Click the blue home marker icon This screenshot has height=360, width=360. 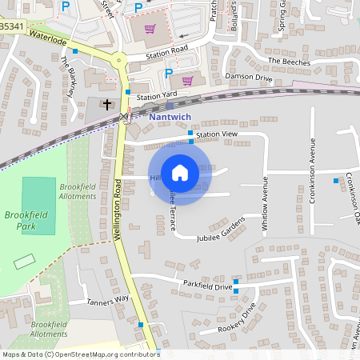click(180, 173)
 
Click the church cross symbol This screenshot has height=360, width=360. click(108, 103)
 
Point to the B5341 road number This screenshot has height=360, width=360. click(11, 26)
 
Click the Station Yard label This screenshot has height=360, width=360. click(156, 96)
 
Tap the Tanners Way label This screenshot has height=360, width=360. click(109, 301)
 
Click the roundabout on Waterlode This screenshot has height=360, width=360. click(119, 58)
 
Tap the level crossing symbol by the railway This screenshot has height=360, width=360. click(123, 118)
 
